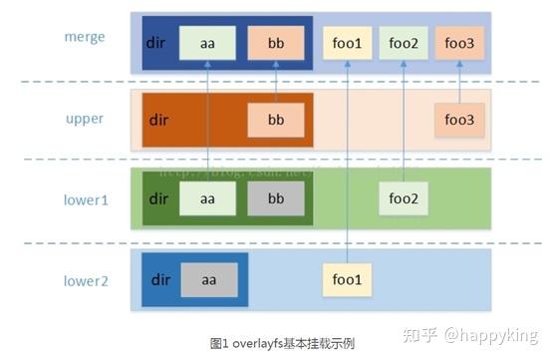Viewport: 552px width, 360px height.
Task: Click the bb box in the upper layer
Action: [276, 120]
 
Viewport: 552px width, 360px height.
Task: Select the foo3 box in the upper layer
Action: [460, 120]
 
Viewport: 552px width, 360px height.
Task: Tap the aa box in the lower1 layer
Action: [207, 197]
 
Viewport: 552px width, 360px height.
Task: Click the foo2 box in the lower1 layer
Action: [404, 197]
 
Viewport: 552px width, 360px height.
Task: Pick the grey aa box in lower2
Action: [207, 280]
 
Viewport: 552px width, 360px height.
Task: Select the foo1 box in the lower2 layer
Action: [347, 280]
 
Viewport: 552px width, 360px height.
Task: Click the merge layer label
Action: [85, 37]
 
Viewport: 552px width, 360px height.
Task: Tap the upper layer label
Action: [85, 117]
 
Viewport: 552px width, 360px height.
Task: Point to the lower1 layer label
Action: [85, 197]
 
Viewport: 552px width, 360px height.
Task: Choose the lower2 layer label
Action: [85, 280]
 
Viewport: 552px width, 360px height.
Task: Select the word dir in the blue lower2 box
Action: [160, 280]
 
